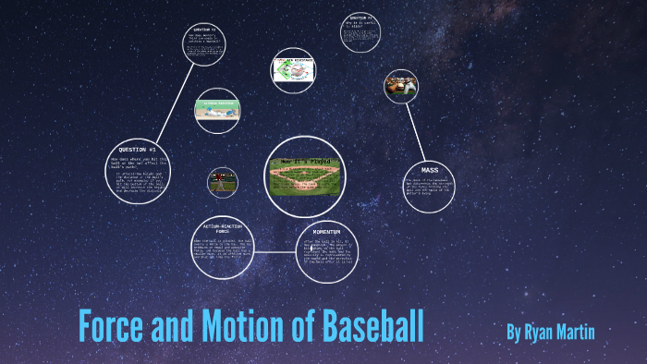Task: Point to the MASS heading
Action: (x=429, y=170)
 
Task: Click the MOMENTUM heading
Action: (x=327, y=231)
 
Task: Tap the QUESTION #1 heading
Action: (x=138, y=150)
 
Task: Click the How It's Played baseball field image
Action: (x=305, y=175)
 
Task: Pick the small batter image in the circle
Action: (x=222, y=182)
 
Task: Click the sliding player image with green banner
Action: (x=217, y=110)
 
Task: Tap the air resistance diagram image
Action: (x=293, y=70)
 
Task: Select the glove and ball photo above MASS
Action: (x=401, y=86)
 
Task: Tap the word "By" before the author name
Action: (x=514, y=331)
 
